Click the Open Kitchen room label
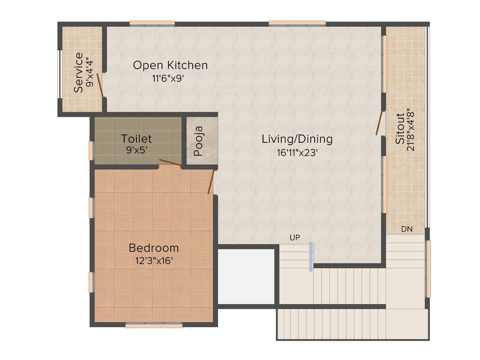pyautogui.click(x=170, y=65)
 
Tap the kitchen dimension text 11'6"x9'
pyautogui.click(x=170, y=79)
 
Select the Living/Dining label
pyautogui.click(x=297, y=139)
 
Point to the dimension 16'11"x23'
pyautogui.click(x=297, y=152)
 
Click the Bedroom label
pyautogui.click(x=154, y=248)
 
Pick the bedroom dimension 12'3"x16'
pyautogui.click(x=154, y=261)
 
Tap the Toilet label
pyautogui.click(x=136, y=139)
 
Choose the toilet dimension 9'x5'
pyautogui.click(x=136, y=151)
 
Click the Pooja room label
pyautogui.click(x=198, y=141)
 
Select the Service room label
pyautogui.click(x=78, y=72)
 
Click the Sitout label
pyautogui.click(x=400, y=129)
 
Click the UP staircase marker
pyautogui.click(x=294, y=238)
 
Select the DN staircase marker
pyautogui.click(x=406, y=229)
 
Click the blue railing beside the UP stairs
pyautogui.click(x=310, y=256)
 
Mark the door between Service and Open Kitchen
pyautogui.click(x=100, y=86)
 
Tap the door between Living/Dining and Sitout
pyautogui.click(x=380, y=123)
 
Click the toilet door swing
pyautogui.click(x=170, y=163)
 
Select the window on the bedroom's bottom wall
pyautogui.click(x=154, y=325)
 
